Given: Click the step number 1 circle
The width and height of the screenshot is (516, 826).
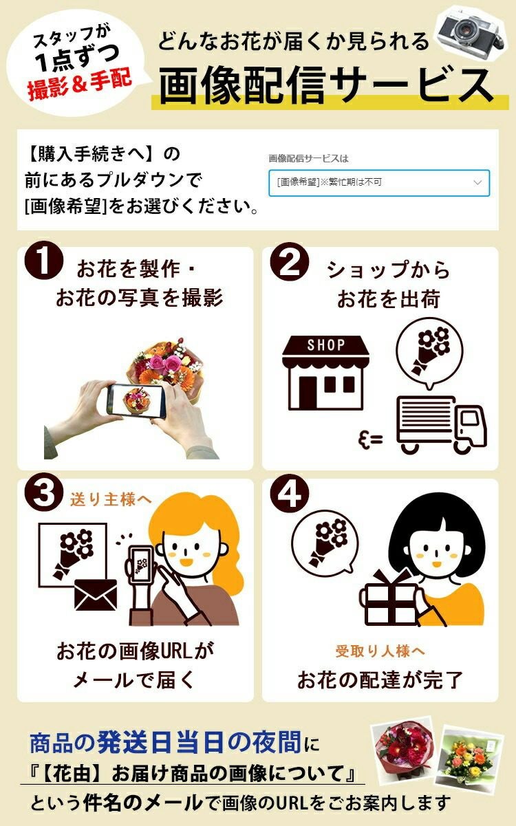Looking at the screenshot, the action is [44, 261].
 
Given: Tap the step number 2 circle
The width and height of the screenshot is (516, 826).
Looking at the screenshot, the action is [289, 261].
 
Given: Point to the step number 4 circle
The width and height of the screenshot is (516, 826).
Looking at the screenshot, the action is [289, 493].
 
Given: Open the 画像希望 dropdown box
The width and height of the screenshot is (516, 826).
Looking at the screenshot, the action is [379, 183].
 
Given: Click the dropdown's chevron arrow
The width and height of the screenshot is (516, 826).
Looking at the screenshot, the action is [477, 182].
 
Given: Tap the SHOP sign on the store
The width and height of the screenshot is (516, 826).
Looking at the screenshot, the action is [326, 345].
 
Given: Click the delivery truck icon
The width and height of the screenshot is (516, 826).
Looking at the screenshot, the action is [442, 425].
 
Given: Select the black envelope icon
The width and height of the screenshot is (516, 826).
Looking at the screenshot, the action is [96, 594].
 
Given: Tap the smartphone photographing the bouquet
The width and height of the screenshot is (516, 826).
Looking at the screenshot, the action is [136, 401].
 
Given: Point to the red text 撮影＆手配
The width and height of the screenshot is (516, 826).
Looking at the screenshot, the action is [80, 84].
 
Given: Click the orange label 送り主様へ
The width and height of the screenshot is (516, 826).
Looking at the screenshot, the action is [111, 499].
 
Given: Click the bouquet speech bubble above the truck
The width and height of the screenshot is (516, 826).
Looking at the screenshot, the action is [430, 352].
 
